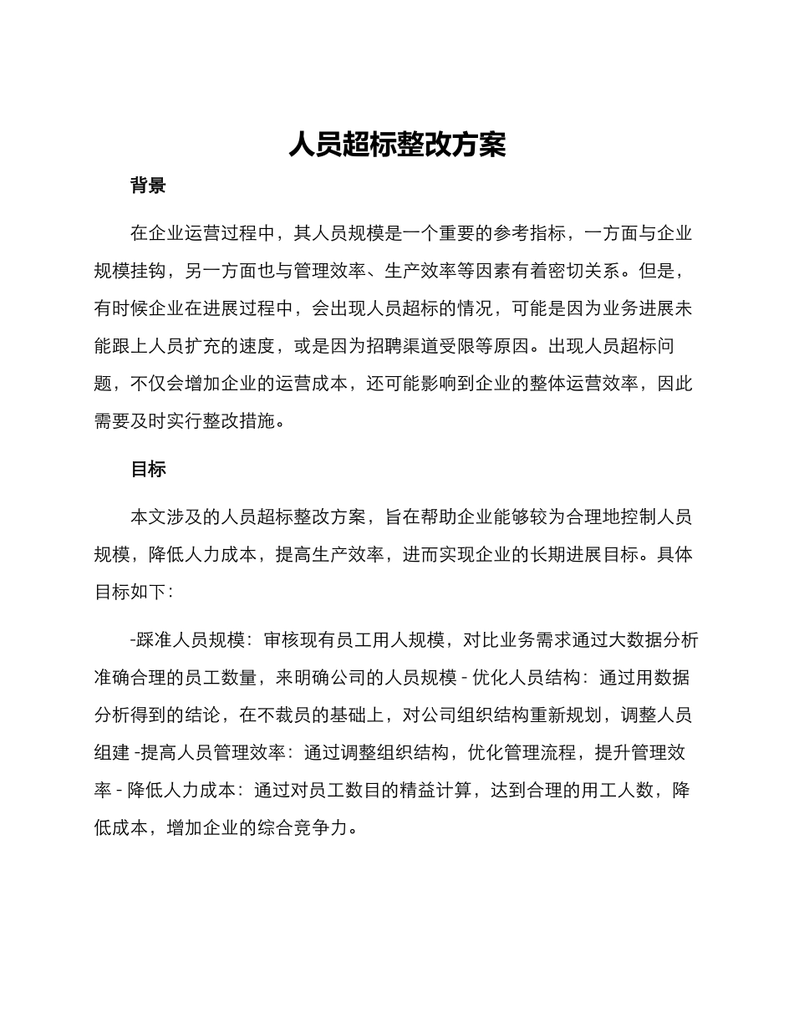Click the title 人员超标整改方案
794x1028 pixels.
[x=397, y=145]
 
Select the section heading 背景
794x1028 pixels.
[x=148, y=186]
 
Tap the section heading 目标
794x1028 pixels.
[x=148, y=469]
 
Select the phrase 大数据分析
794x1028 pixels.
[x=654, y=639]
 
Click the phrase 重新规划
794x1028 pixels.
[x=582, y=715]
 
